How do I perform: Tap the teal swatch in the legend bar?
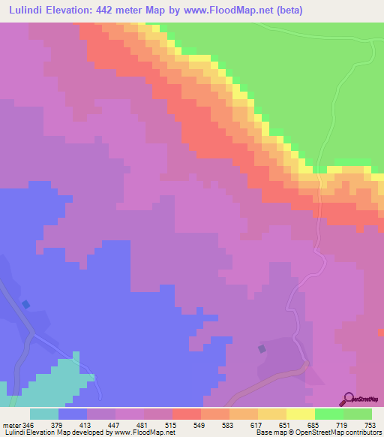pos(44,414)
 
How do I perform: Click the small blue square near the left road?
pos(26,304)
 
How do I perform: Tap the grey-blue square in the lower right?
pos(261,348)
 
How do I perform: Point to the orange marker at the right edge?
pos(381,331)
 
